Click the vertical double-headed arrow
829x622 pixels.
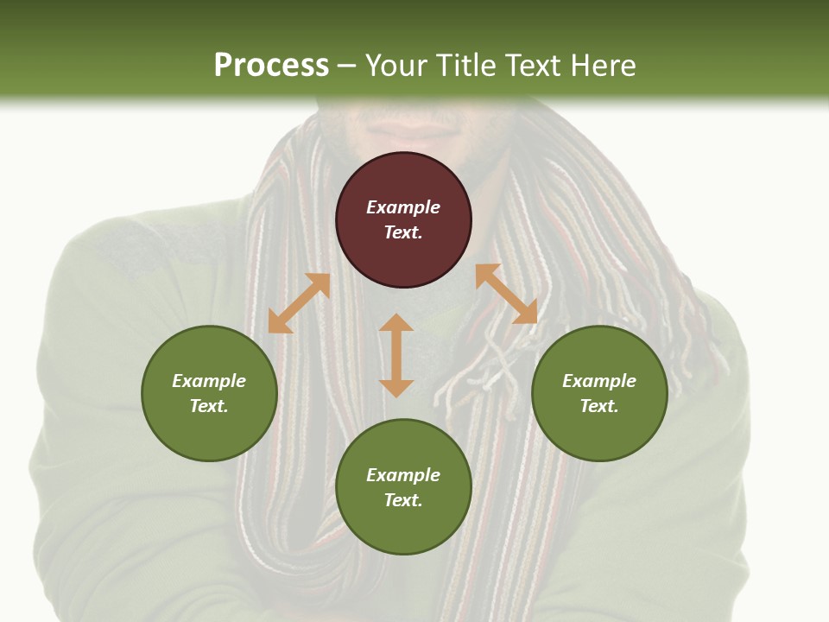[396, 355]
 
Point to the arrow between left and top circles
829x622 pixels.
[299, 303]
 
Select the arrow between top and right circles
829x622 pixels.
[506, 294]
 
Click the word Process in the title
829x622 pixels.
[271, 66]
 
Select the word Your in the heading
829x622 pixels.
[394, 66]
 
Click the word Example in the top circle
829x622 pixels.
[403, 207]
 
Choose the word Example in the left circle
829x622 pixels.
[209, 381]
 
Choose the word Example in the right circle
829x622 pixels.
[599, 381]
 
